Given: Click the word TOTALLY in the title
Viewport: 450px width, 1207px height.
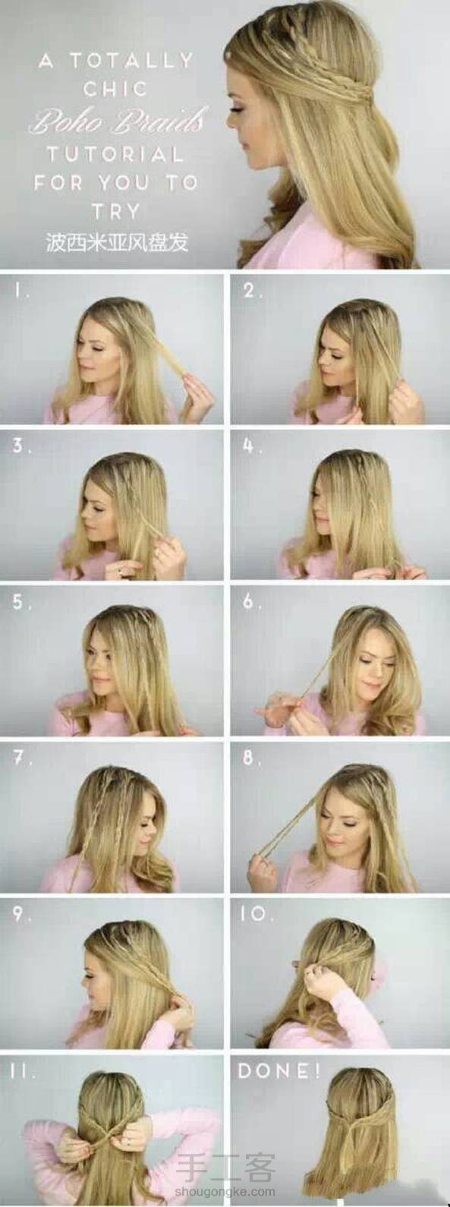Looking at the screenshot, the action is [x=131, y=61].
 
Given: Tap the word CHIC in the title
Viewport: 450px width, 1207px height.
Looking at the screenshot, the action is [x=115, y=88].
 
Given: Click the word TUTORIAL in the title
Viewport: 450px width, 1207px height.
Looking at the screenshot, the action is [x=115, y=155].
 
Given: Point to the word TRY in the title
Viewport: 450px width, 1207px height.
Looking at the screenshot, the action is [x=116, y=211].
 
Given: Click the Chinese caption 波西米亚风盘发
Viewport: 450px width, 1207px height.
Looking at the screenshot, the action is [x=117, y=242].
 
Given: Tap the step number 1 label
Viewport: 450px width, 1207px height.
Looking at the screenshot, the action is [x=22, y=292].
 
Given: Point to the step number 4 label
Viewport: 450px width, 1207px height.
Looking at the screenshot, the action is [x=252, y=446].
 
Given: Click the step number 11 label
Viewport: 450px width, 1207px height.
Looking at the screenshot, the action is [x=23, y=1070].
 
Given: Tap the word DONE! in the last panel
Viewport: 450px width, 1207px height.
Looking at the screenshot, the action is [x=279, y=1070].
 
